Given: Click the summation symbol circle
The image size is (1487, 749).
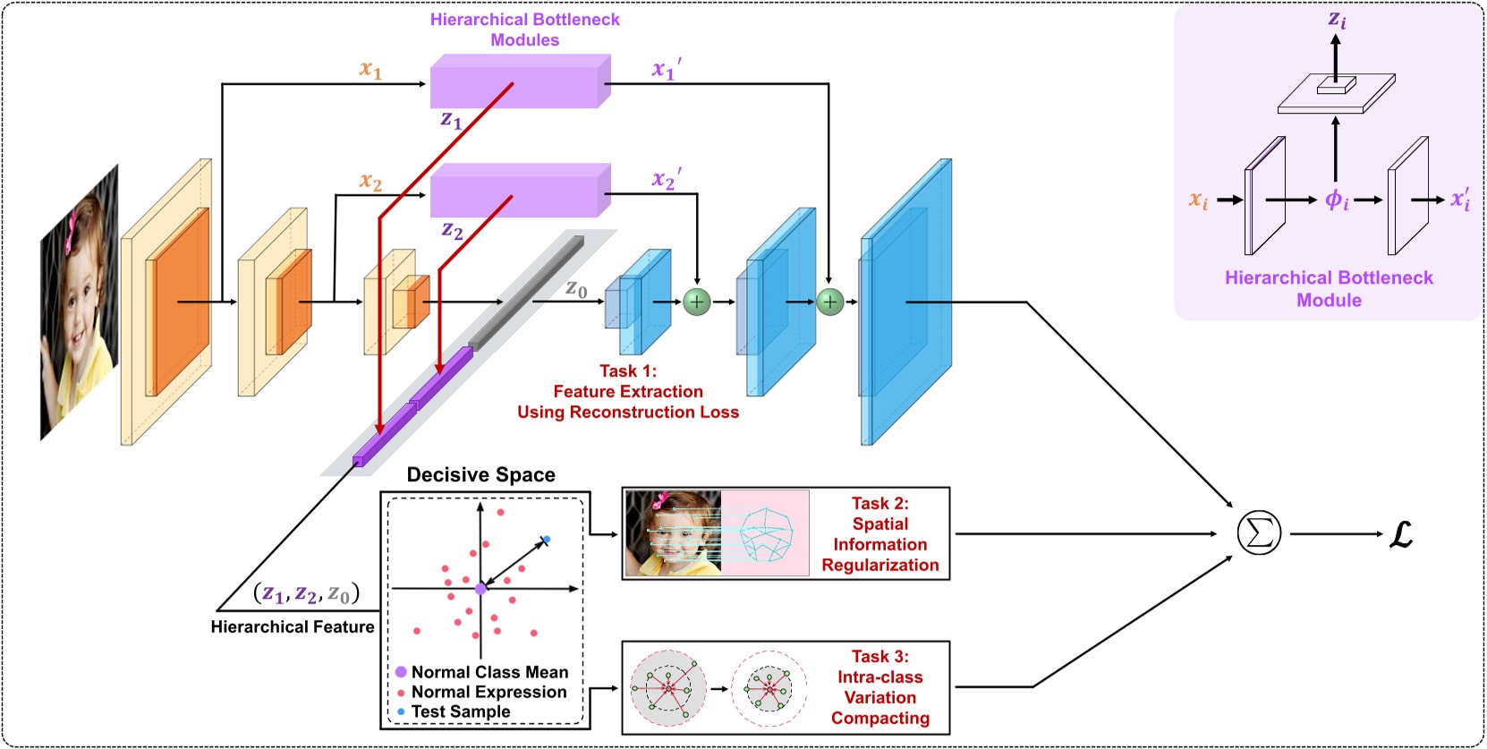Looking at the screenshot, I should [1259, 533].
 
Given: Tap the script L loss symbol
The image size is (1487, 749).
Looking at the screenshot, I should [1400, 535].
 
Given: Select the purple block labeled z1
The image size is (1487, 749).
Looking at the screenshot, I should [519, 82].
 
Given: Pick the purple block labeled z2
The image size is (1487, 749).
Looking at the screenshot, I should [519, 191].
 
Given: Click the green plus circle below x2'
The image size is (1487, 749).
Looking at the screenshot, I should [696, 302].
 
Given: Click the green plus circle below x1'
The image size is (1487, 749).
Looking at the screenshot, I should [829, 302].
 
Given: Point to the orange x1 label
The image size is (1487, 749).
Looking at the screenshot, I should [370, 68].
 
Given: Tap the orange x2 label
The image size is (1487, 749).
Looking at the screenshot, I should [370, 181].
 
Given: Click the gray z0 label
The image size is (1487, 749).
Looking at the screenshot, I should [576, 288].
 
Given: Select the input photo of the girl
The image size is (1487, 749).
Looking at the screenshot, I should [79, 302].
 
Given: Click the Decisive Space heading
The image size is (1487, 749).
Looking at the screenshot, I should [480, 474].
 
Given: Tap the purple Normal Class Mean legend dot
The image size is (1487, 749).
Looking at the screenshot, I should [401, 671].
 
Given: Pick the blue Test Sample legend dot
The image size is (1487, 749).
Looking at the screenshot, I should [401, 711].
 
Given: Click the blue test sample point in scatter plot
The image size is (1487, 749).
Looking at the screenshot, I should [547, 540].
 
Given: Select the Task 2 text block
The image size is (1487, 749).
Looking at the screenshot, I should [879, 534].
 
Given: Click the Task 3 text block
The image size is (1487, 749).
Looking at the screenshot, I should [879, 687].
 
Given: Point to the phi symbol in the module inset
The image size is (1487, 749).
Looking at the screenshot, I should [1336, 200].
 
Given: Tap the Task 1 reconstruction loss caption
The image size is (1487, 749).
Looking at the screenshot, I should [628, 391].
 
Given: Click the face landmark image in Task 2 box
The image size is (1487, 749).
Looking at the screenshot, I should [717, 533].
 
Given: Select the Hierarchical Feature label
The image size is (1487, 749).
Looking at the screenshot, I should [293, 626].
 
